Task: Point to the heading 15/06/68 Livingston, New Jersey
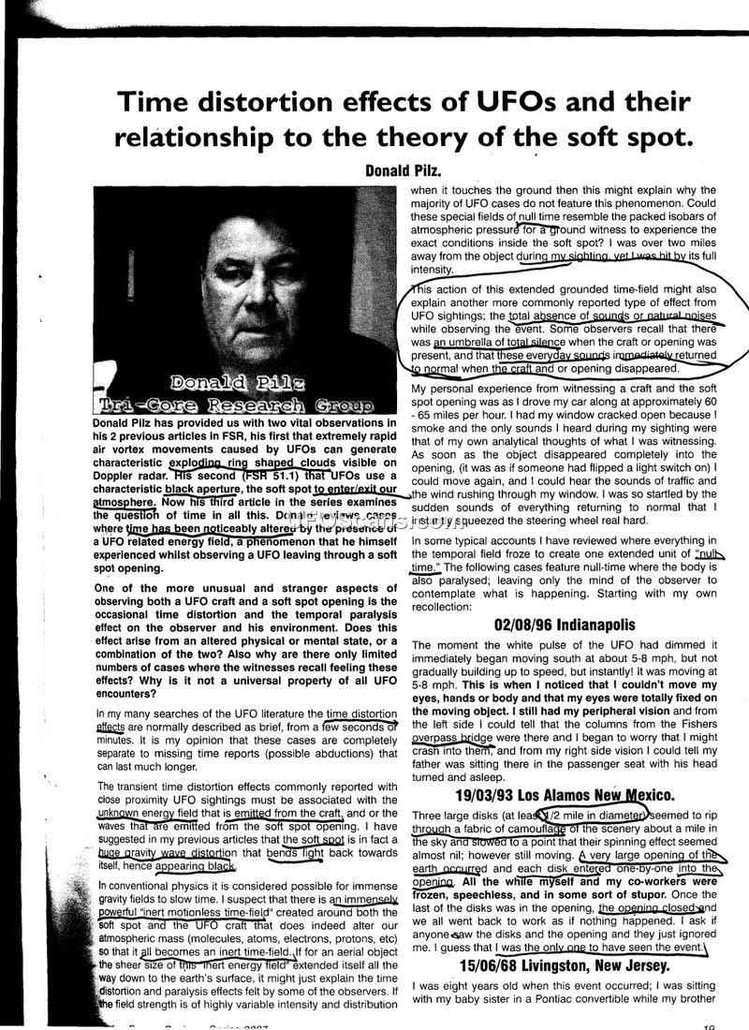coord(565,965)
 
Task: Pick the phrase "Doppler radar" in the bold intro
coord(136,476)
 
